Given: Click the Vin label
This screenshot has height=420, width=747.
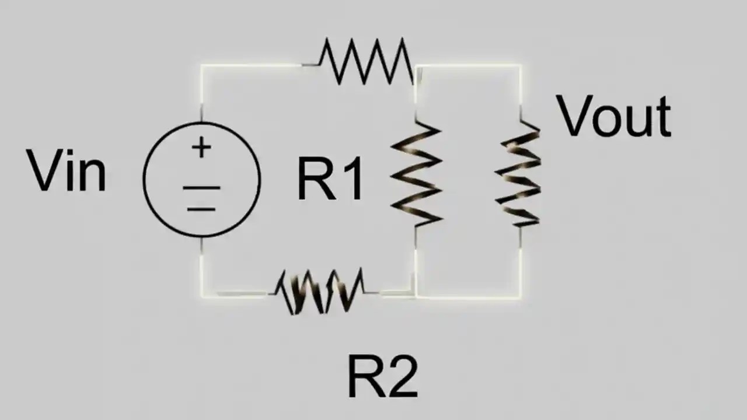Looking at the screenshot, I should [67, 170].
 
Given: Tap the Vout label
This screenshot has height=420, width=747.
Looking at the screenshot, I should [613, 117].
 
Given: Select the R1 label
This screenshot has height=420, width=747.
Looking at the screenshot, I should [330, 180].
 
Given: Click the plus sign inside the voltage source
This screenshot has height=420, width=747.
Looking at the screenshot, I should [201, 148].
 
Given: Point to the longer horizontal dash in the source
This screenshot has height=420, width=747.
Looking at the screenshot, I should [201, 188].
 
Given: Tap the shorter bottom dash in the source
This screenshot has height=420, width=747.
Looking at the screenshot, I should [201, 208].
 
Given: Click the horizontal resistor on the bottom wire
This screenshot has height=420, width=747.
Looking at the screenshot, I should [320, 291].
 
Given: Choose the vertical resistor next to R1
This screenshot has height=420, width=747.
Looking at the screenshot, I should [416, 174].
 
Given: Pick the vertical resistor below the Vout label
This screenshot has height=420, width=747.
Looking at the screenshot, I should [519, 174].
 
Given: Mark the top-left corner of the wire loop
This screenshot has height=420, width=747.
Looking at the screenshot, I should [202, 65].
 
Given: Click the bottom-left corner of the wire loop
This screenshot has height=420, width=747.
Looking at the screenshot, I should [202, 296].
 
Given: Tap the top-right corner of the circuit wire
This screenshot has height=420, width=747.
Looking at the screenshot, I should [520, 65].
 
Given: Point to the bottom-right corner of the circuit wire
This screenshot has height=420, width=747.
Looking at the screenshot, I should [520, 297].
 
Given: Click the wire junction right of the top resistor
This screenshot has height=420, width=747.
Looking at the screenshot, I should [416, 66].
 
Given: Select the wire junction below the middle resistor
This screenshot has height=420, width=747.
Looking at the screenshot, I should [416, 296].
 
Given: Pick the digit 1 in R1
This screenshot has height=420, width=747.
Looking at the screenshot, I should [351, 180].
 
